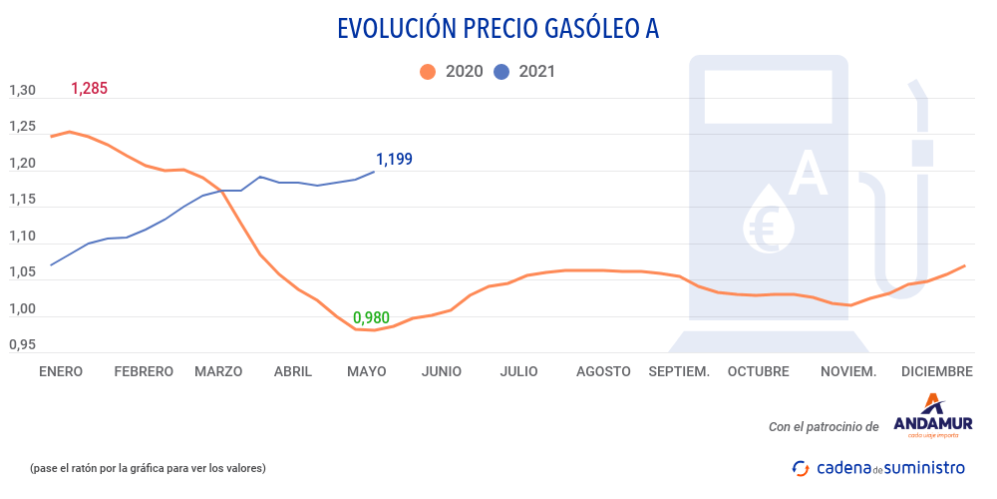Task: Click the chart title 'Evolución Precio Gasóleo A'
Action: point(498,30)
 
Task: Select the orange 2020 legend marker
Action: point(429,72)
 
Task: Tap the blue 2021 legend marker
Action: point(502,72)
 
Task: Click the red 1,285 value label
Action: point(89,89)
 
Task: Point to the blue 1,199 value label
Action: point(394,159)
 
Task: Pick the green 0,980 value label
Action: point(371,317)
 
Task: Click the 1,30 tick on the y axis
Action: point(22,91)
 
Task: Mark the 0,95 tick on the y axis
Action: point(22,345)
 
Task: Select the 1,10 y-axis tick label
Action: point(22,237)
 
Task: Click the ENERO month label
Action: point(60,371)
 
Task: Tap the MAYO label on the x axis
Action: point(367,371)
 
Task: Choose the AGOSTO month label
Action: point(603,371)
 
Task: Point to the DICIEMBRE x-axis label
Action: point(936,371)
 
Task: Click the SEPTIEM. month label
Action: point(679,371)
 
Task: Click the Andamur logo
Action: point(932,417)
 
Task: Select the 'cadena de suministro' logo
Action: point(877,467)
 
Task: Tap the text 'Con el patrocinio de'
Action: point(824,426)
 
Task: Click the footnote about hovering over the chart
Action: point(148,467)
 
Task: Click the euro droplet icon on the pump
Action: point(771,218)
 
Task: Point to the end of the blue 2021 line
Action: point(375,172)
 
